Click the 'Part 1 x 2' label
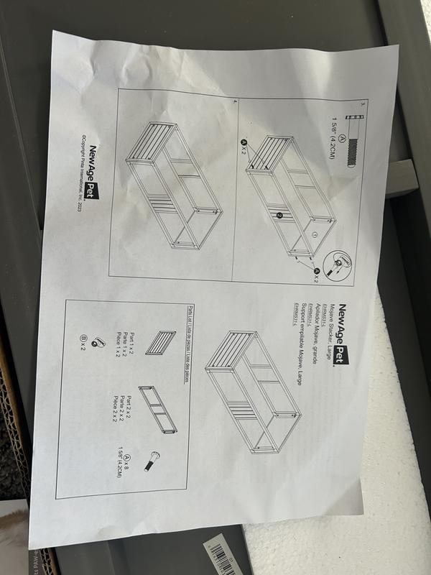(131, 338)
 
